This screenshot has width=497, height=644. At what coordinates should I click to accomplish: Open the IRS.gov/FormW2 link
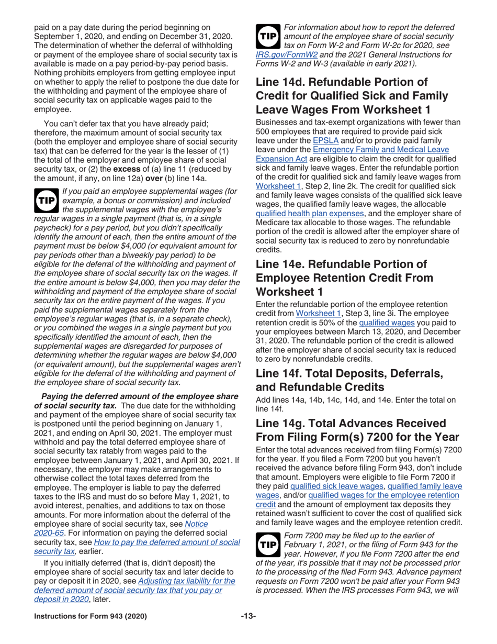281,53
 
